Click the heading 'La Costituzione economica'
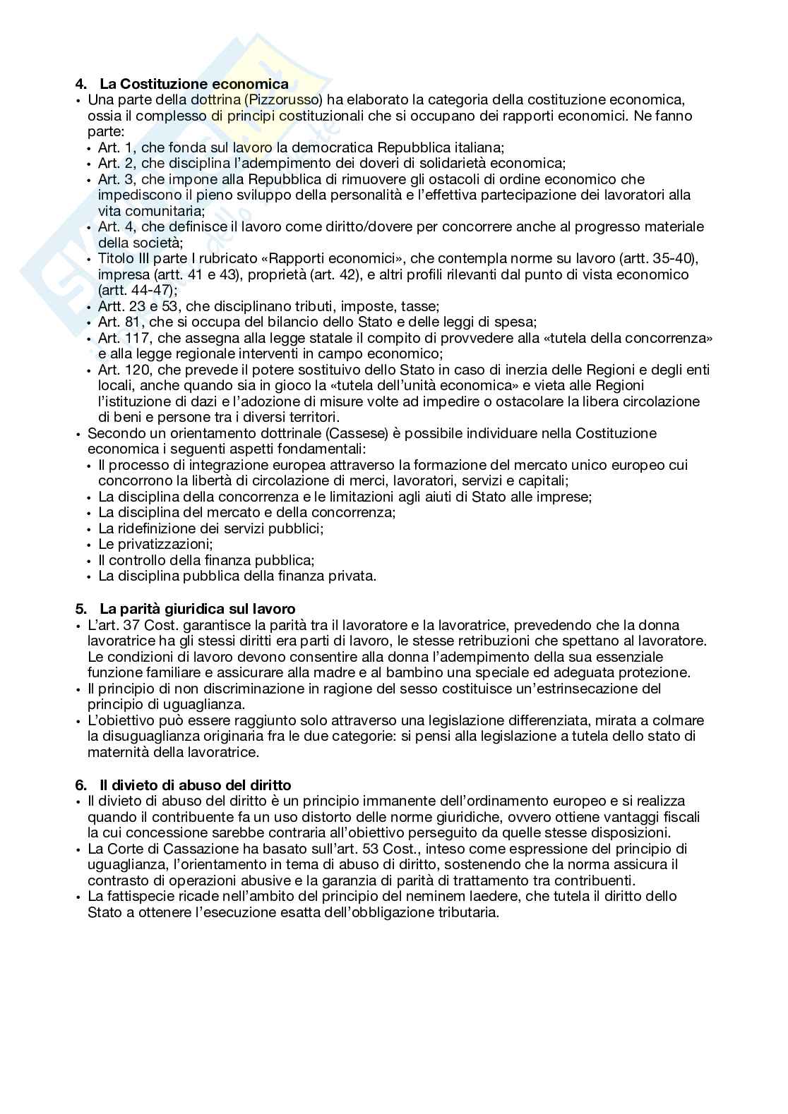pos(193,85)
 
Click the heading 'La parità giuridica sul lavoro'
pos(197,609)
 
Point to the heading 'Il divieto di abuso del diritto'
pos(195,785)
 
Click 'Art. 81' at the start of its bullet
pos(119,322)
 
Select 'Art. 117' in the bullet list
pos(122,338)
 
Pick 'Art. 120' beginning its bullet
pos(122,370)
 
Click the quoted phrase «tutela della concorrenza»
pos(628,338)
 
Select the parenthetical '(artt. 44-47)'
pos(138,290)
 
